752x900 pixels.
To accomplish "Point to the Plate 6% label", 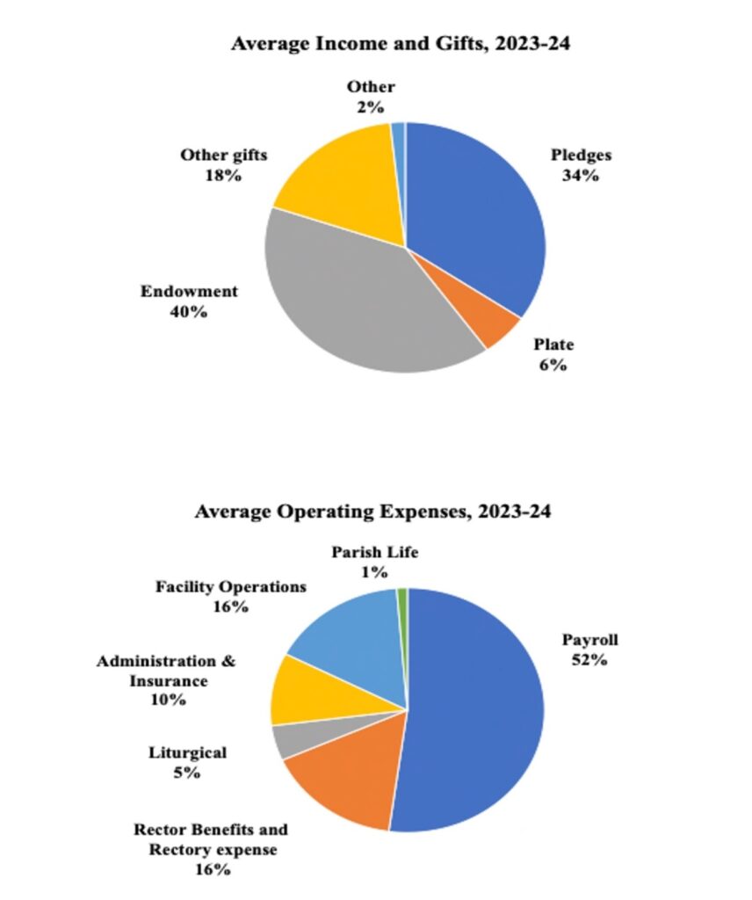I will (x=553, y=354).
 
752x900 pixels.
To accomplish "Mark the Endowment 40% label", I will (x=190, y=301).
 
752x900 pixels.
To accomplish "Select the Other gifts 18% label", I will (x=224, y=164).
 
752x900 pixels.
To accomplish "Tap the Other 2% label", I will (x=370, y=96).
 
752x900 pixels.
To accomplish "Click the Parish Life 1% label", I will (x=375, y=562).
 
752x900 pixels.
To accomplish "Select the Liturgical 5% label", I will (x=187, y=762).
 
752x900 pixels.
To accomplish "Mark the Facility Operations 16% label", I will (x=231, y=595).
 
